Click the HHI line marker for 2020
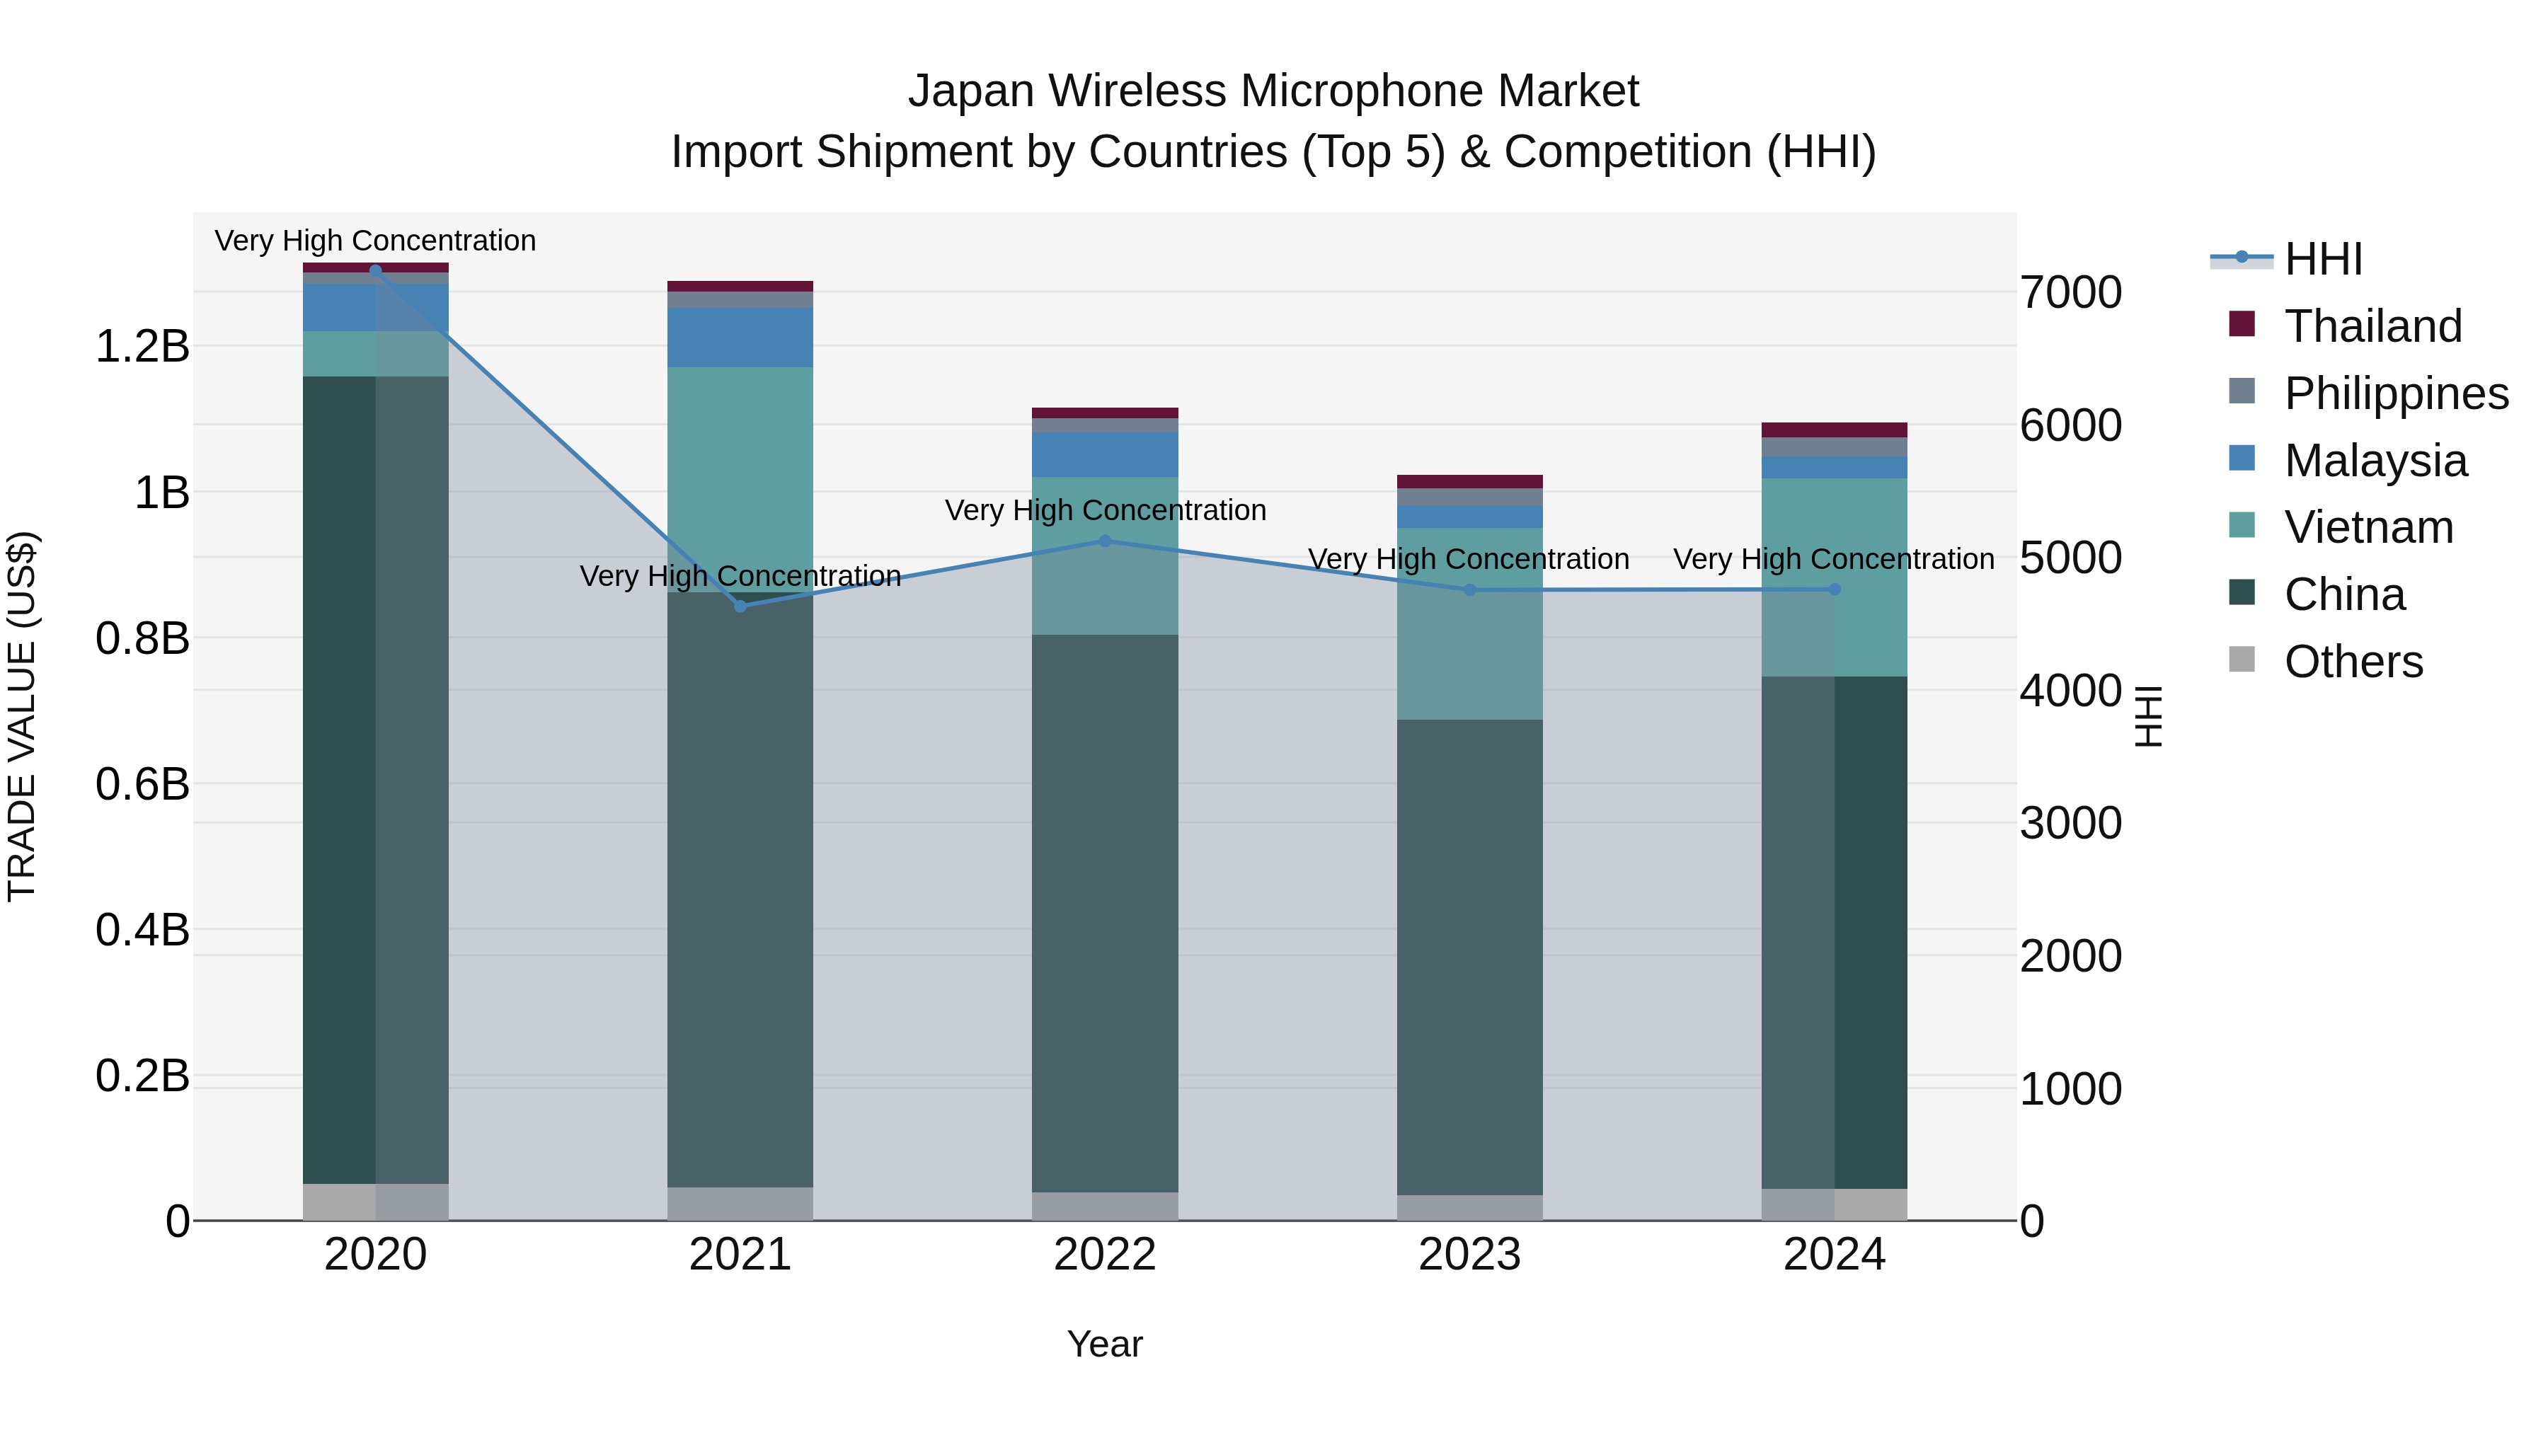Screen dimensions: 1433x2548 375,270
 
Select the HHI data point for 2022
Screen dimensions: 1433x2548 1105,541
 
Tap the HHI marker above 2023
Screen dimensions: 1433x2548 1470,590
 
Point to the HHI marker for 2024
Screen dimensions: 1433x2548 1835,589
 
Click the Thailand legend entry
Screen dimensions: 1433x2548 2372,326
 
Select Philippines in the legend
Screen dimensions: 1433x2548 2396,393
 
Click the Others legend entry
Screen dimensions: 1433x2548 2353,662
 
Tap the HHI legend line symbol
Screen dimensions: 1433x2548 2242,258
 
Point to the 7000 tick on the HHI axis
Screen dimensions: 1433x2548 2070,293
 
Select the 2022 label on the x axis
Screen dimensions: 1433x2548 1105,1255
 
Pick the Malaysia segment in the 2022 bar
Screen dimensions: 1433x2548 1105,455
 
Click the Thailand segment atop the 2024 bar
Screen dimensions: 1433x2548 1835,430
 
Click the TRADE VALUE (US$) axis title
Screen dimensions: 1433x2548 22,716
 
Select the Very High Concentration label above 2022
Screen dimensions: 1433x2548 1105,510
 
